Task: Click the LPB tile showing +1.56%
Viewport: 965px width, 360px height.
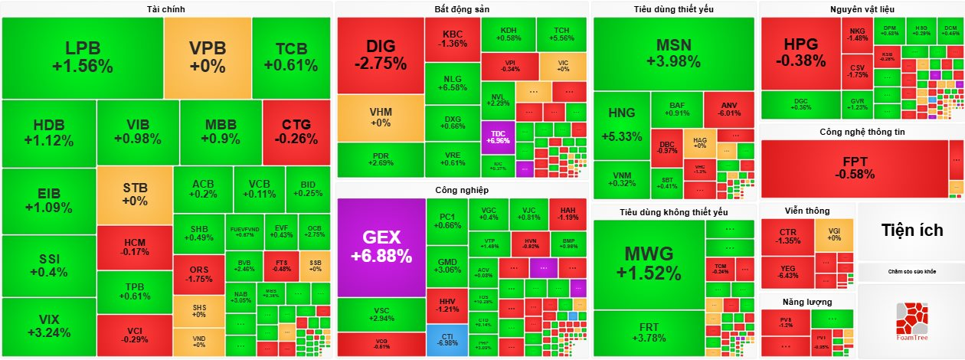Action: [x=82, y=57]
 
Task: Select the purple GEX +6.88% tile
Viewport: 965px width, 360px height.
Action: [x=381, y=247]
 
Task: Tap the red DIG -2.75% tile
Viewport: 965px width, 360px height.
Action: [x=380, y=54]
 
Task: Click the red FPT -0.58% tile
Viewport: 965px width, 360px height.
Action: [x=854, y=169]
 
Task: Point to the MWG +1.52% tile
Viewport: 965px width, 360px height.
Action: [x=648, y=263]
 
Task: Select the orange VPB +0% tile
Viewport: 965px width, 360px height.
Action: [x=208, y=57]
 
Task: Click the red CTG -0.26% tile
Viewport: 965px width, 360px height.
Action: [x=296, y=132]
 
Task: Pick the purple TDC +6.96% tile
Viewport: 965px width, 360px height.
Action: [x=497, y=136]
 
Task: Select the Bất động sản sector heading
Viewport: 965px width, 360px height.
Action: [x=461, y=8]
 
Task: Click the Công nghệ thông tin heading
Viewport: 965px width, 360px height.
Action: [x=862, y=132]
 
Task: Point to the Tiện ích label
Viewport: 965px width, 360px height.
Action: [x=911, y=231]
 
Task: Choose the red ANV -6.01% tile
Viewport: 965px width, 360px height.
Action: [x=728, y=110]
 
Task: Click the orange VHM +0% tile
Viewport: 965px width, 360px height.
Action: [x=381, y=117]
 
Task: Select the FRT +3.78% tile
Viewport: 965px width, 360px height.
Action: [x=648, y=332]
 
